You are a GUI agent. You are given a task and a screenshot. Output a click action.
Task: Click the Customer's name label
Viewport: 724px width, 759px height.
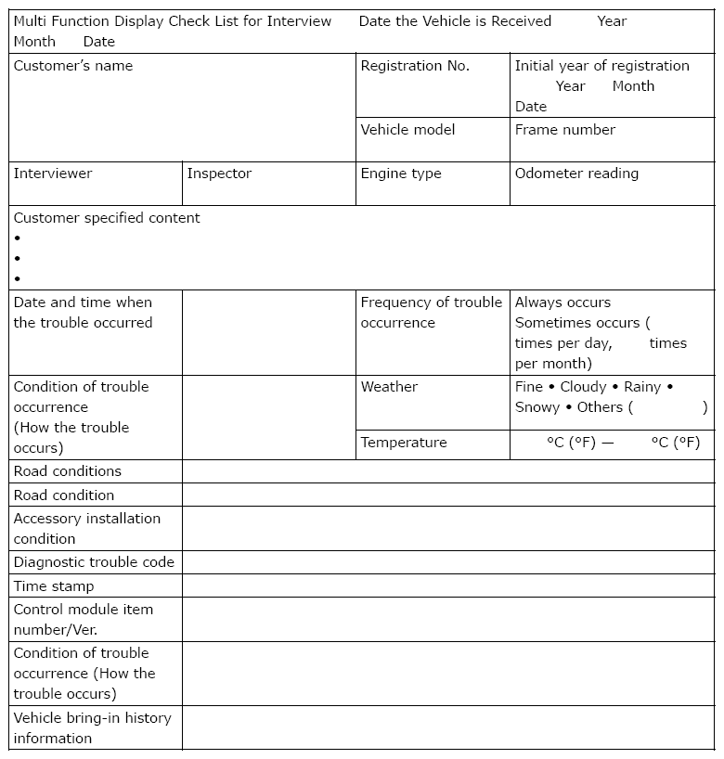[73, 66]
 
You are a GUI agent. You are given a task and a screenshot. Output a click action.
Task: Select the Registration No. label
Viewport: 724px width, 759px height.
[415, 66]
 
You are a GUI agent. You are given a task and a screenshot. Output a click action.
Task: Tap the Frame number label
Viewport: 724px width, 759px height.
[565, 130]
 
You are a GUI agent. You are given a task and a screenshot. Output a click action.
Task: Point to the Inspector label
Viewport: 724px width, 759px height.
[219, 174]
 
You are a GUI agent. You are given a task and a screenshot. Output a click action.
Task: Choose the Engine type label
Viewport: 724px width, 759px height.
[401, 174]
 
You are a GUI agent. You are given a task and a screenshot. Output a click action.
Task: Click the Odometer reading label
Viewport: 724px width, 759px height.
[576, 174]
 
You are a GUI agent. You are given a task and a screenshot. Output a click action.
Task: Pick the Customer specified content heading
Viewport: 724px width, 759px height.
[107, 218]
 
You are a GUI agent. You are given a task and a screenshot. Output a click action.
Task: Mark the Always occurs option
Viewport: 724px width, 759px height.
[562, 302]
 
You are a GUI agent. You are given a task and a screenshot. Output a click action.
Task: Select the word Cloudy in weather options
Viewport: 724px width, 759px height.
[583, 387]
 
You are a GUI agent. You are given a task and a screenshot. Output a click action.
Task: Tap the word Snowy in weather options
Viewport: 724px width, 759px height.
[537, 407]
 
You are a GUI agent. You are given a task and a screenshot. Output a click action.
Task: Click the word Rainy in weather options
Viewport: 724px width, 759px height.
[642, 387]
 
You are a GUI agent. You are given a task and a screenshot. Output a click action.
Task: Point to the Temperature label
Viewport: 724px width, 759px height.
[404, 443]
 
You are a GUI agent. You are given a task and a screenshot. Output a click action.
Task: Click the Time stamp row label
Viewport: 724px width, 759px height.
[54, 586]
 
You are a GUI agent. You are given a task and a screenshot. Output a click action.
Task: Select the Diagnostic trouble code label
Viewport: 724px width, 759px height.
[94, 562]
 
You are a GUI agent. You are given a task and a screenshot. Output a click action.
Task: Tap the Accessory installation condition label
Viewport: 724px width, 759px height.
[86, 529]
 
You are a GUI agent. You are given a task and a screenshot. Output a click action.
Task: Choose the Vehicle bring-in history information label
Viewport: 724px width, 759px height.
[92, 728]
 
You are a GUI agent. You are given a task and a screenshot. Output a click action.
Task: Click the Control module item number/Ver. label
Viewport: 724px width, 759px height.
[84, 620]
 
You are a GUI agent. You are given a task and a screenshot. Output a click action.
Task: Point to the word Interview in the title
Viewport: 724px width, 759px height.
[299, 21]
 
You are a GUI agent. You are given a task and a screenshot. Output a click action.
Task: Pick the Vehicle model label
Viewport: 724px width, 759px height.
[407, 130]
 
